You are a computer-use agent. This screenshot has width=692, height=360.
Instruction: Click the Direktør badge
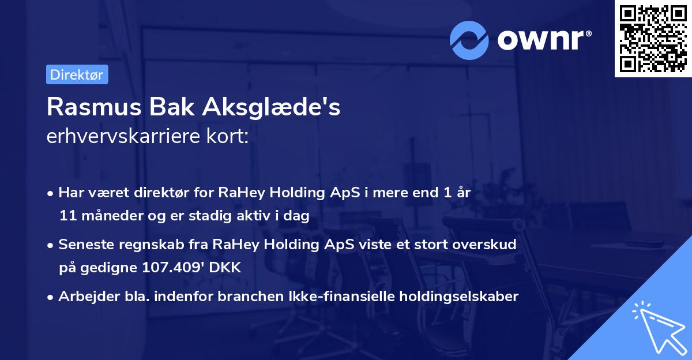[77, 75]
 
